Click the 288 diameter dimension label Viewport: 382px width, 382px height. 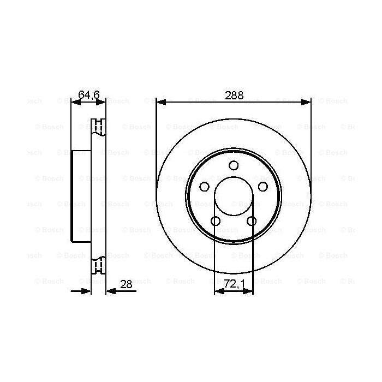coord(234,95)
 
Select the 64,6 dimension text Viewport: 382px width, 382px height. coord(88,95)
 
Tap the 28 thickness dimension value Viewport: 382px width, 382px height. coord(126,284)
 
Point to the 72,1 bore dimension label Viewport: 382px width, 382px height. coord(234,284)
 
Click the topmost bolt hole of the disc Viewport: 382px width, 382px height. coord(234,166)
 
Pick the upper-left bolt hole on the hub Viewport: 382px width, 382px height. coord(205,187)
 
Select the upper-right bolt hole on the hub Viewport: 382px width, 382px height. coord(262,187)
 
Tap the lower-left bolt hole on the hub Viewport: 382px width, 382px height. coord(216,221)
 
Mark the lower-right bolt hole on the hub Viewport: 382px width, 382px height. coord(252,221)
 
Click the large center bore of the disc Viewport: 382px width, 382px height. coord(234,197)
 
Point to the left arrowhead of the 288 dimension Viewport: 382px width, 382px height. coord(160,102)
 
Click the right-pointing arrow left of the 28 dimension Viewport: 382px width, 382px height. coord(86,291)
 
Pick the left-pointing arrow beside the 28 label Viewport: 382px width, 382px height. coord(111,291)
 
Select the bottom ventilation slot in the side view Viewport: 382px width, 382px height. coord(98,266)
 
